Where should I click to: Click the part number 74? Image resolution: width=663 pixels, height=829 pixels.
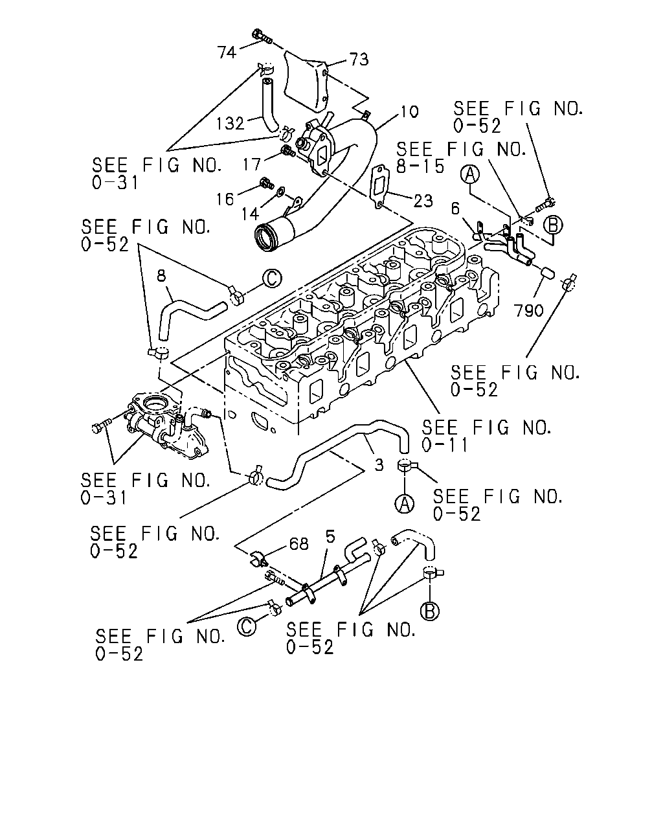coord(227,52)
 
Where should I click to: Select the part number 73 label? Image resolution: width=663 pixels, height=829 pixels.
coord(359,60)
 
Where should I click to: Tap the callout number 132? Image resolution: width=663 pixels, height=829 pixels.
coord(230,124)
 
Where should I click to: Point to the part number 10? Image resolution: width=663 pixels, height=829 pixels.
coord(409,111)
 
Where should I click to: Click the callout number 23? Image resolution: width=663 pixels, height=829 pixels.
coord(423,201)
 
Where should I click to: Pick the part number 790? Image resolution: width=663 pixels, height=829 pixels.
coord(530,310)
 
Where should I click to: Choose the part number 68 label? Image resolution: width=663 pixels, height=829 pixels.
coord(299,544)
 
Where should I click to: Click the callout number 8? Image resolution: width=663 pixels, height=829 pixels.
coord(161,276)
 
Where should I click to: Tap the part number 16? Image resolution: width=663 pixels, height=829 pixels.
coord(225,199)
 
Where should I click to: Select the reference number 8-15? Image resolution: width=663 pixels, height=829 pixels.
coord(420,166)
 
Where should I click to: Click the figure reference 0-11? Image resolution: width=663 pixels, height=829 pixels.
coord(445,445)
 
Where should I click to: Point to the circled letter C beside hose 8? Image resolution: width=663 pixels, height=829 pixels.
coord(273,278)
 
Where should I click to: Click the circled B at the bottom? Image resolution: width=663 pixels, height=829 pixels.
coord(430,610)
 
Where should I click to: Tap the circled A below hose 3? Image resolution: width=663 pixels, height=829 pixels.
coord(405,503)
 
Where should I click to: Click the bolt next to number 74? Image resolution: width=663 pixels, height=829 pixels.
coord(262,37)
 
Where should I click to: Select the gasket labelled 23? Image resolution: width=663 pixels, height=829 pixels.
coord(379,188)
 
